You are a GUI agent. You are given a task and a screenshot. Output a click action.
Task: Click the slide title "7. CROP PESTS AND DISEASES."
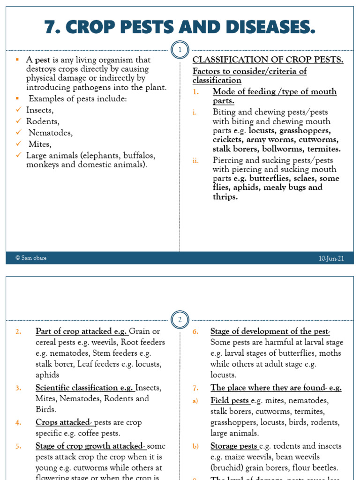(x=180, y=28)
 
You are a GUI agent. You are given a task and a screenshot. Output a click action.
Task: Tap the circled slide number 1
(x=180, y=50)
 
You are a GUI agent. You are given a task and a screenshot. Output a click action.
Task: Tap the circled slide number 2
(x=180, y=320)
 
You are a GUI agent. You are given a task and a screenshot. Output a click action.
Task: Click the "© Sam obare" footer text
(x=31, y=258)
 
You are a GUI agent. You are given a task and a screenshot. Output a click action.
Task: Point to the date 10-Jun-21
(x=331, y=258)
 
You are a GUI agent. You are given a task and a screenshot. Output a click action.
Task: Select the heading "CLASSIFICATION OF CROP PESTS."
(x=268, y=60)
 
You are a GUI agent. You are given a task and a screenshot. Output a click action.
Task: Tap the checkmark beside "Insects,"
(x=18, y=110)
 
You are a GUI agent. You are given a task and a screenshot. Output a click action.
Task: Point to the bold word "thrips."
(x=225, y=197)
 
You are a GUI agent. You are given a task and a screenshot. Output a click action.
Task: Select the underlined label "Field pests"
(x=230, y=401)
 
